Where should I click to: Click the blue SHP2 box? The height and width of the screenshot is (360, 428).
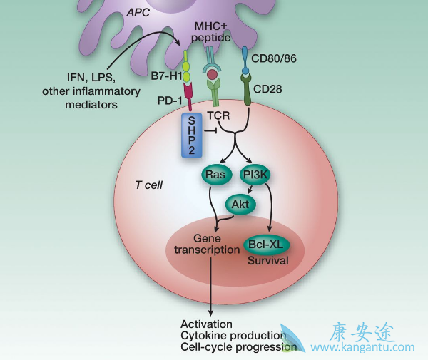pyautogui.click(x=192, y=135)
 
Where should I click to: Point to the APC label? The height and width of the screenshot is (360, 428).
pyautogui.click(x=140, y=11)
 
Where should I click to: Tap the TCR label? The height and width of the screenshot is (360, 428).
pyautogui.click(x=218, y=115)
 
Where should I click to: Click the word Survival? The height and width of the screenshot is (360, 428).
pyautogui.click(x=267, y=261)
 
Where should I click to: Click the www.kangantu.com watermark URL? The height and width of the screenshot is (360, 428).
pyautogui.click(x=363, y=348)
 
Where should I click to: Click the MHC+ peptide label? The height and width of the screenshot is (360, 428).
pyautogui.click(x=212, y=31)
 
